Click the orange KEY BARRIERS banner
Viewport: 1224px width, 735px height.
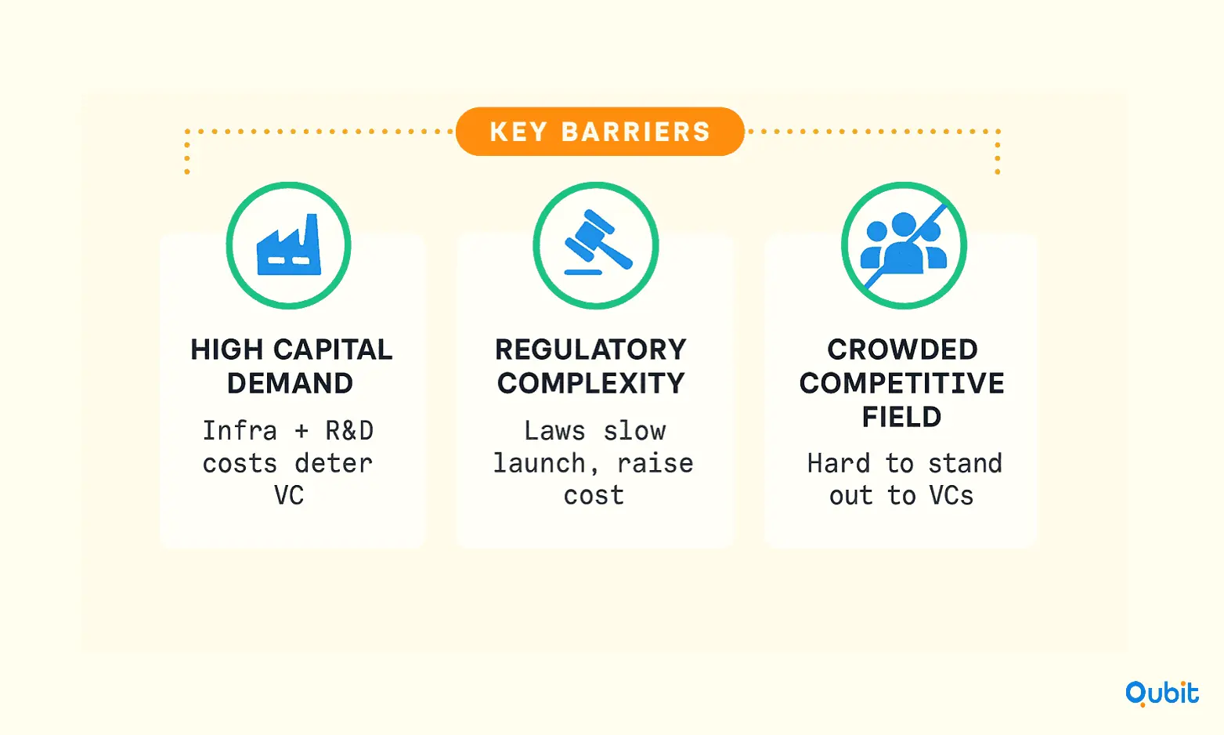click(599, 132)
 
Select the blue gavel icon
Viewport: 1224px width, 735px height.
click(598, 241)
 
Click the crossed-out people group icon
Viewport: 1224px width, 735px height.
click(904, 245)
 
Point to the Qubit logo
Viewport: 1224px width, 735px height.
click(1161, 693)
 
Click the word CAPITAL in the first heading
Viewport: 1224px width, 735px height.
click(333, 349)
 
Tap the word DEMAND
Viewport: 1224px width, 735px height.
click(291, 383)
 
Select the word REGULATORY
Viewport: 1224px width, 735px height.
click(590, 349)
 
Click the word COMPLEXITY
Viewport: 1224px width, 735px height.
click(590, 383)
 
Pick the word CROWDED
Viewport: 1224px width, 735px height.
click(902, 349)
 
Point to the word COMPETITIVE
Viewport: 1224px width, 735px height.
click(901, 383)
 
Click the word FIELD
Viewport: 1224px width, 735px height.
click(901, 417)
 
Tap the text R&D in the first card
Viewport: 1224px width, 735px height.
click(350, 430)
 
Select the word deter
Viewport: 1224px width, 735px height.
click(334, 463)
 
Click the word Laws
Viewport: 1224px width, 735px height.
click(554, 431)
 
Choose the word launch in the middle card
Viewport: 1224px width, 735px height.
click(539, 463)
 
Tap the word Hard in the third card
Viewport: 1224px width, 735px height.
click(838, 463)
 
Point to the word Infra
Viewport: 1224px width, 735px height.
click(240, 430)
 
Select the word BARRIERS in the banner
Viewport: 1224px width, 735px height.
click(636, 132)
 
